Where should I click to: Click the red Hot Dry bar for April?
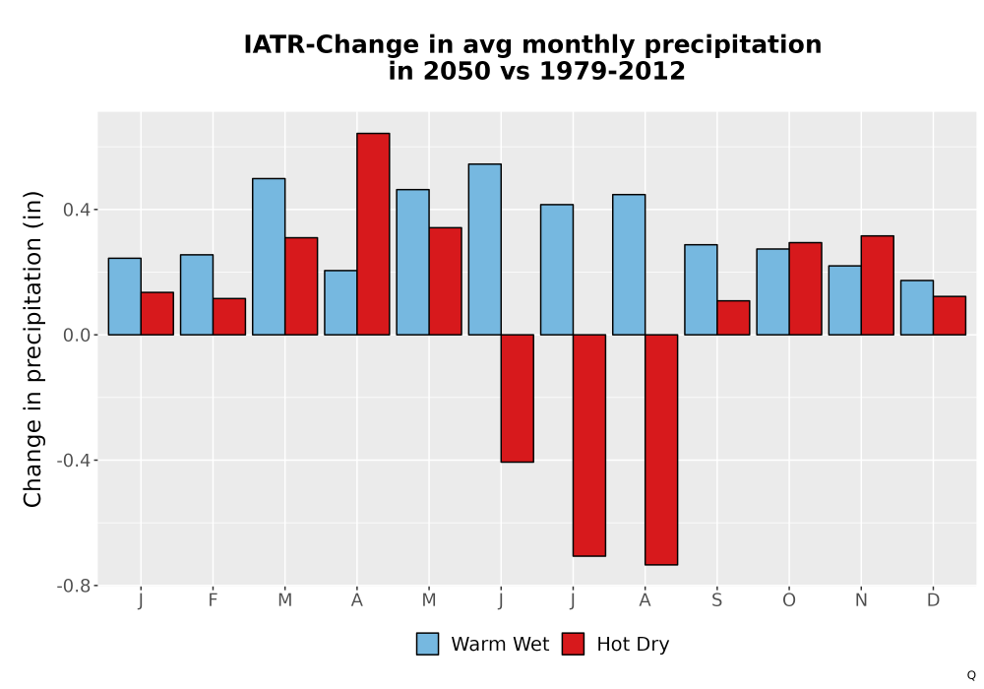coord(373,234)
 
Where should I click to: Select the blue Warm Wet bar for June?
coord(485,249)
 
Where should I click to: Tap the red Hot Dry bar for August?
coord(661,449)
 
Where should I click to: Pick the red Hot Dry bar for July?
coord(589,445)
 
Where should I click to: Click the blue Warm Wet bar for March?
coord(269,257)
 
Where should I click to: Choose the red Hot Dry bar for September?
coord(734,318)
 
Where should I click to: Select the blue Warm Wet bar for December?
coord(917,307)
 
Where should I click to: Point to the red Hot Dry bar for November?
coord(878,285)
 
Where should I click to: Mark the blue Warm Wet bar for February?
coord(197,294)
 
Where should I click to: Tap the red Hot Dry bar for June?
coord(518,399)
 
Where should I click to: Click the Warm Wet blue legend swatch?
coord(427,644)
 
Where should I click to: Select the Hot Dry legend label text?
coord(633,645)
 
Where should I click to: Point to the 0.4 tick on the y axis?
coord(76,210)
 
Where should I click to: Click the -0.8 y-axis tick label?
coord(74,586)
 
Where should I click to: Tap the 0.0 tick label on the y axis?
coord(76,335)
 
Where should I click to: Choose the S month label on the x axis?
coord(716,600)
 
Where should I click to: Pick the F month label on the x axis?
coord(213,600)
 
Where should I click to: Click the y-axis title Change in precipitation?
coord(32,348)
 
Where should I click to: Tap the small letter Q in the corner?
coord(971,675)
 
